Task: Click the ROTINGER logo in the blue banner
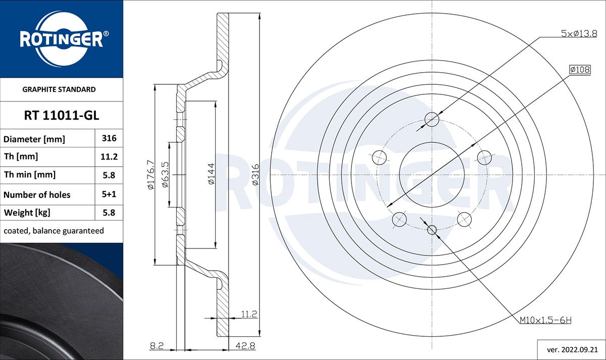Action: [x=62, y=39]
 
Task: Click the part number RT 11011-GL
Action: [x=62, y=116]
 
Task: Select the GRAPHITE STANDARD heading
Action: [x=59, y=89]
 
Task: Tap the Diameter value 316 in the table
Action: [x=109, y=138]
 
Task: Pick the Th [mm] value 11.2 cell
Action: [x=109, y=157]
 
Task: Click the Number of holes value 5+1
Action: [x=109, y=194]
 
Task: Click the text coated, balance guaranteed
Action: [x=54, y=231]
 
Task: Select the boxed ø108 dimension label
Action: [x=580, y=70]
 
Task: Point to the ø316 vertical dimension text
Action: [x=255, y=174]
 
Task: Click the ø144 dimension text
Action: [x=212, y=174]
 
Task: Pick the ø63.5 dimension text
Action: [x=165, y=174]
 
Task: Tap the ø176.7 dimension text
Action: [x=150, y=174]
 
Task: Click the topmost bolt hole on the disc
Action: [x=432, y=119]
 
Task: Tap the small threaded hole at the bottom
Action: [x=432, y=230]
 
